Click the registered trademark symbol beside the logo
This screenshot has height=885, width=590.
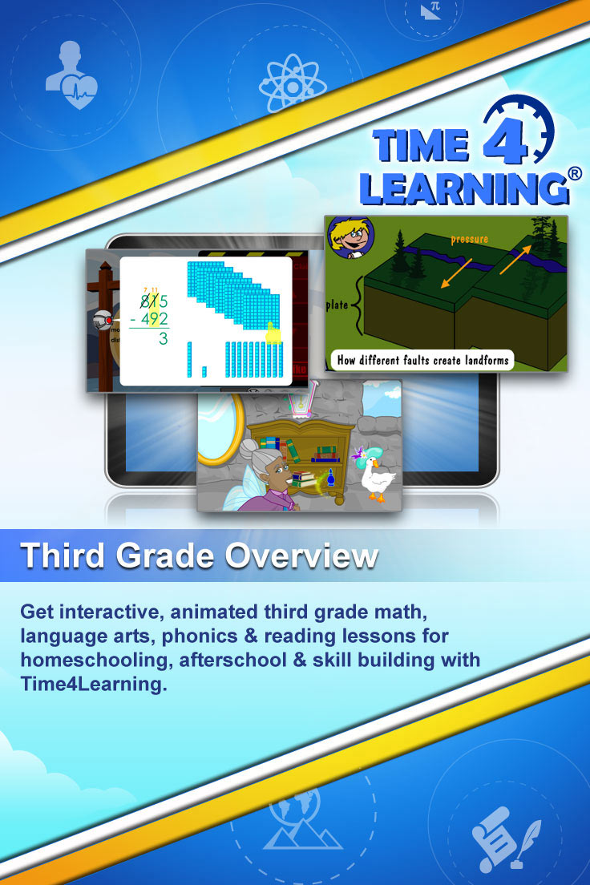click(575, 174)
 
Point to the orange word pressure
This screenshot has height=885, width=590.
click(470, 239)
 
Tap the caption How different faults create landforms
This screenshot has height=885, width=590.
click(423, 360)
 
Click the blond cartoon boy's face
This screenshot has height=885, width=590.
click(353, 241)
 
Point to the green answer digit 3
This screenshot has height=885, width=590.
click(164, 338)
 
